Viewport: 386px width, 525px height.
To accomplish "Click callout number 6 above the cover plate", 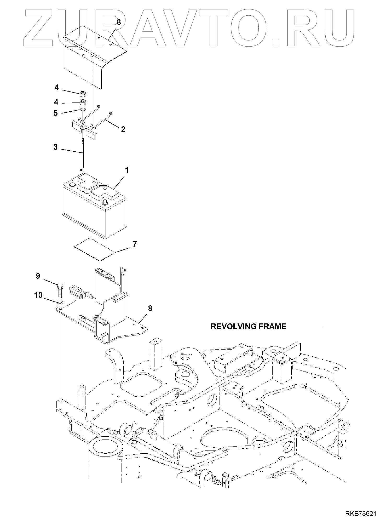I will coord(119,22).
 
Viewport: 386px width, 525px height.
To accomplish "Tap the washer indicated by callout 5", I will coord(83,109).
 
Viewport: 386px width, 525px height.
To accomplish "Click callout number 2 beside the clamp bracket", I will coord(123,129).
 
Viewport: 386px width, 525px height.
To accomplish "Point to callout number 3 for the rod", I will coord(55,147).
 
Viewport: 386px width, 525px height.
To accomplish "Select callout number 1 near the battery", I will coord(126,170).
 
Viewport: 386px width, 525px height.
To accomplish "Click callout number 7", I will coord(134,244).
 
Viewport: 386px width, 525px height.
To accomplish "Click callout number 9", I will coord(38,276).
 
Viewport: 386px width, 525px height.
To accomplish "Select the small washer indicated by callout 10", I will coord(60,303).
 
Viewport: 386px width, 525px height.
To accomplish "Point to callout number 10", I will coord(38,295).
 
